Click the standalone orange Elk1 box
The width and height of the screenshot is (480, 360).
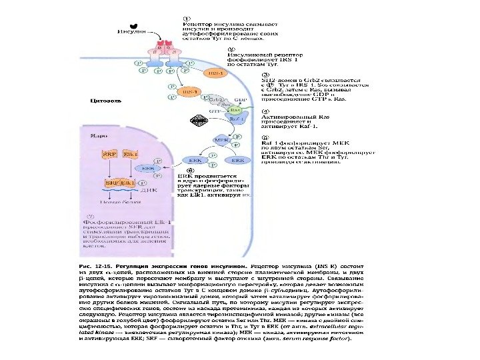click(131, 155)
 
